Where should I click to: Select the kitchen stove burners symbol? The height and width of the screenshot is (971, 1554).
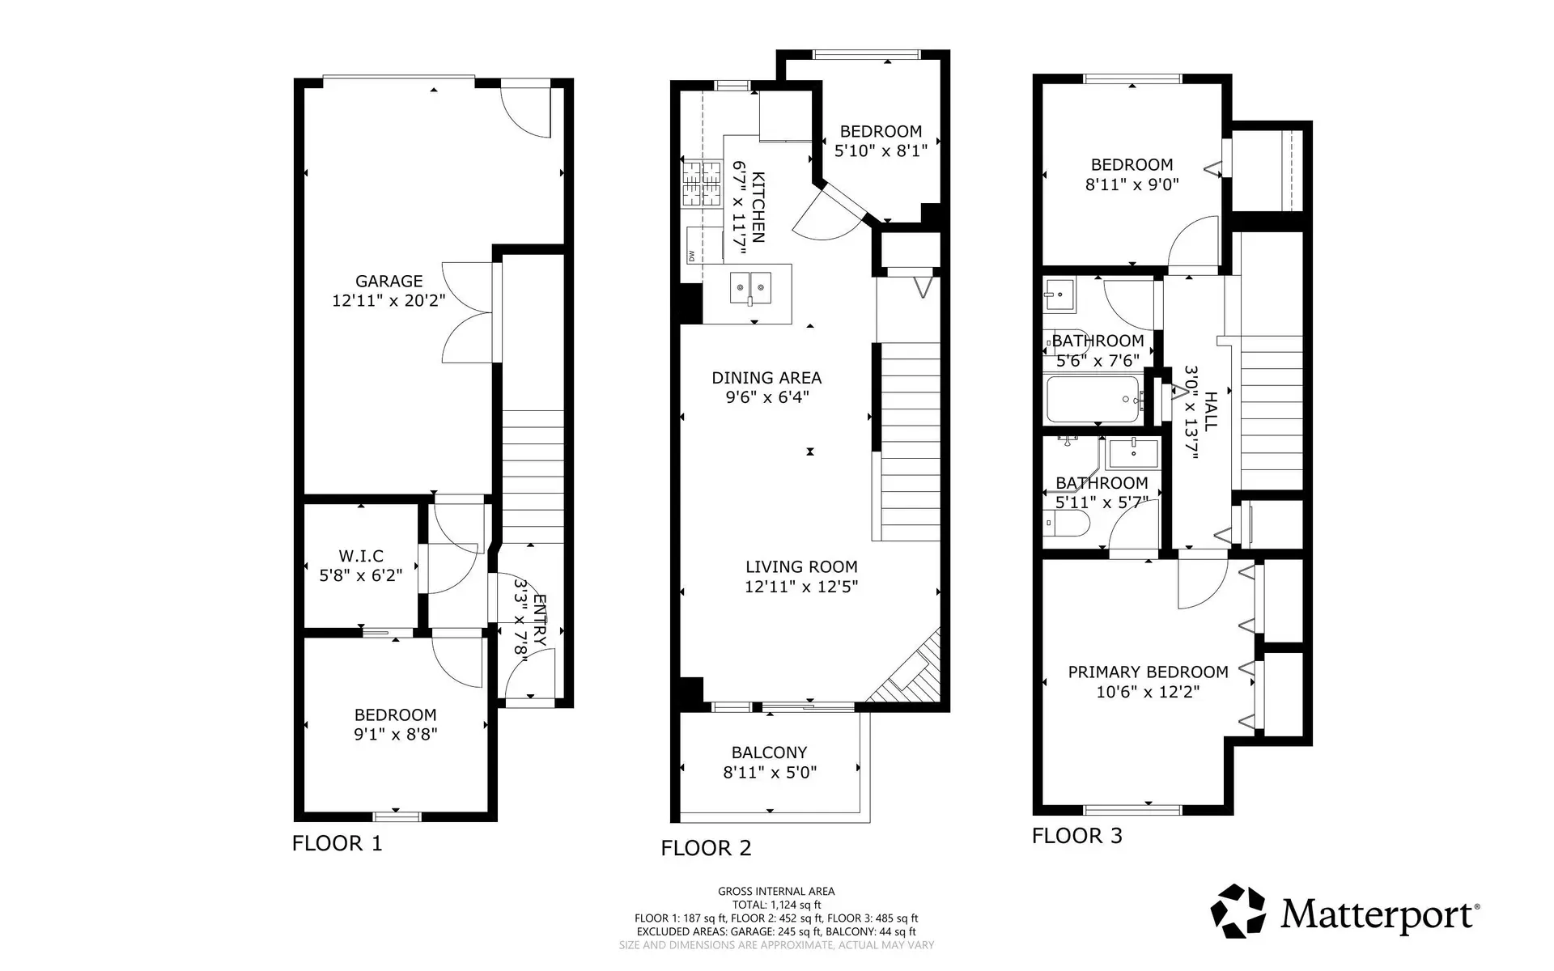click(701, 183)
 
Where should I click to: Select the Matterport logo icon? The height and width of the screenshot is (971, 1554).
click(1238, 911)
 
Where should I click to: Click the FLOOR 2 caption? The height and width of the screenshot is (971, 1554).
click(706, 848)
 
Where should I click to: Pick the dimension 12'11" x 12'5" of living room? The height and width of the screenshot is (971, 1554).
click(801, 587)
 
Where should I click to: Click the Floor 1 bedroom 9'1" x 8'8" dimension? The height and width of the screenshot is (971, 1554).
click(395, 735)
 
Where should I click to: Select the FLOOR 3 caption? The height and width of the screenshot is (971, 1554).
click(1076, 836)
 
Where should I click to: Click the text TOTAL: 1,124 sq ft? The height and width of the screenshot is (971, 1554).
click(776, 905)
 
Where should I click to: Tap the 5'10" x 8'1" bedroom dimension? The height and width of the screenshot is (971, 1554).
click(881, 151)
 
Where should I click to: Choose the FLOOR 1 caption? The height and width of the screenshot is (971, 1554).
click(337, 843)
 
